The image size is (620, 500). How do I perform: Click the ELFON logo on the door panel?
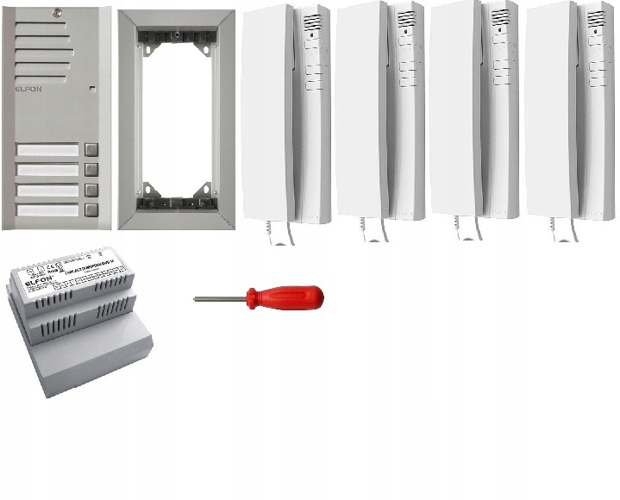coord(28,87)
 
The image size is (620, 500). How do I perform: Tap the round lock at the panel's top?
coord(56,13)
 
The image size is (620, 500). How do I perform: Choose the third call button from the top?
coord(92,190)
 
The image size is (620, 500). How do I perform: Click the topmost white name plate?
coord(47,150)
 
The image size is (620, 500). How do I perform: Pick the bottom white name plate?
coord(47,209)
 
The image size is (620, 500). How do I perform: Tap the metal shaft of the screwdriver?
coord(221,299)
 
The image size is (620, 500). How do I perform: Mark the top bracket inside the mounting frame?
coord(176,36)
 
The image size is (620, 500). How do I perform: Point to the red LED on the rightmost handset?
coord(594,31)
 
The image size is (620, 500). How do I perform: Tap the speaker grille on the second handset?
coord(406,19)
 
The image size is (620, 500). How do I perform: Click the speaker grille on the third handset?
coord(500,19)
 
